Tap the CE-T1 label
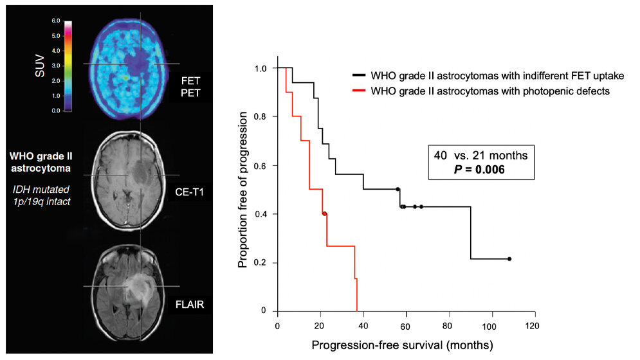tap(190, 191)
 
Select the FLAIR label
tap(190, 304)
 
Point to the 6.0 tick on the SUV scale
tap(56, 21)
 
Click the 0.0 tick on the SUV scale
tap(56, 111)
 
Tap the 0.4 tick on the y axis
tap(262, 214)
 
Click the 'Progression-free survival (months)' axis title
tap(402, 346)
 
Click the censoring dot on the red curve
tap(325, 214)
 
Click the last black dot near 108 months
tap(509, 259)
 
